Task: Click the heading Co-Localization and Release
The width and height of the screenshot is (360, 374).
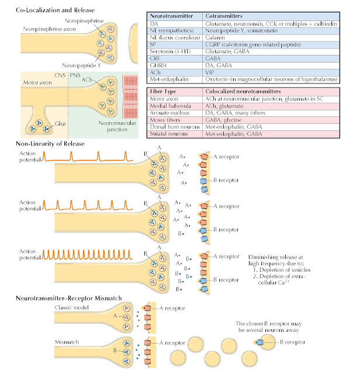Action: (x=55, y=10)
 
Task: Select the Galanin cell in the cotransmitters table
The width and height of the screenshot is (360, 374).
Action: (x=215, y=37)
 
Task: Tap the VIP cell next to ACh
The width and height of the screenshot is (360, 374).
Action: (x=210, y=72)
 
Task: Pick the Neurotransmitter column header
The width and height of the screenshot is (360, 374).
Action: (x=171, y=16)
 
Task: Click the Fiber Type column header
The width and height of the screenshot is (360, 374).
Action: (x=162, y=91)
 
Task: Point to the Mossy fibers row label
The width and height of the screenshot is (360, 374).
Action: (x=165, y=120)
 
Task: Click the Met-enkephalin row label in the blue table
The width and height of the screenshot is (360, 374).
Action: (x=169, y=79)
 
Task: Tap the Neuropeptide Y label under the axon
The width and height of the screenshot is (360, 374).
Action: (x=81, y=65)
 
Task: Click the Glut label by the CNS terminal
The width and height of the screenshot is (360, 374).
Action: (x=60, y=124)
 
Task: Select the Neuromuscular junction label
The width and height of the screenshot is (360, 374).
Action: (x=117, y=126)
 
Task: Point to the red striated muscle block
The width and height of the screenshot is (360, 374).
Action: (x=130, y=96)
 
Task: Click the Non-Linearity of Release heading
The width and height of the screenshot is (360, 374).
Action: (x=50, y=144)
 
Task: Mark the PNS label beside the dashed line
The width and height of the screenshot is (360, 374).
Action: (x=75, y=75)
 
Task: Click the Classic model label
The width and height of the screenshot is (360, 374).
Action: (x=71, y=307)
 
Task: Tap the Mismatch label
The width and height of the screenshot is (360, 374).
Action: (x=67, y=342)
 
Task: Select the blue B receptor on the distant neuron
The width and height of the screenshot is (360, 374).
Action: (x=259, y=342)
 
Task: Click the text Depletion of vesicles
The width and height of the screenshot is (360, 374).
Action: (x=285, y=270)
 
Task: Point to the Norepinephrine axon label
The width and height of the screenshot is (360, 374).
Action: (x=49, y=29)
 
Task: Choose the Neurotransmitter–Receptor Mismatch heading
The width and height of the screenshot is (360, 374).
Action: (x=69, y=298)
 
